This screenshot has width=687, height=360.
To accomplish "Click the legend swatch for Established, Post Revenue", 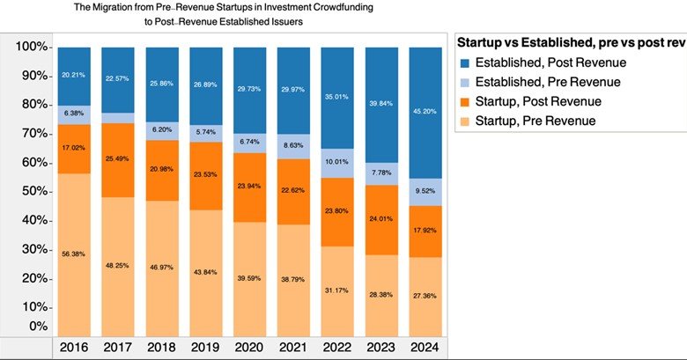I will pos(465,62).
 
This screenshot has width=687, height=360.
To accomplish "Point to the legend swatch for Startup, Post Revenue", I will pos(465,101).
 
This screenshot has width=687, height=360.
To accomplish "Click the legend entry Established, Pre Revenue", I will pos(547,82).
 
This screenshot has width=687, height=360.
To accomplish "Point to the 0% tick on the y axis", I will pos(35,327).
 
